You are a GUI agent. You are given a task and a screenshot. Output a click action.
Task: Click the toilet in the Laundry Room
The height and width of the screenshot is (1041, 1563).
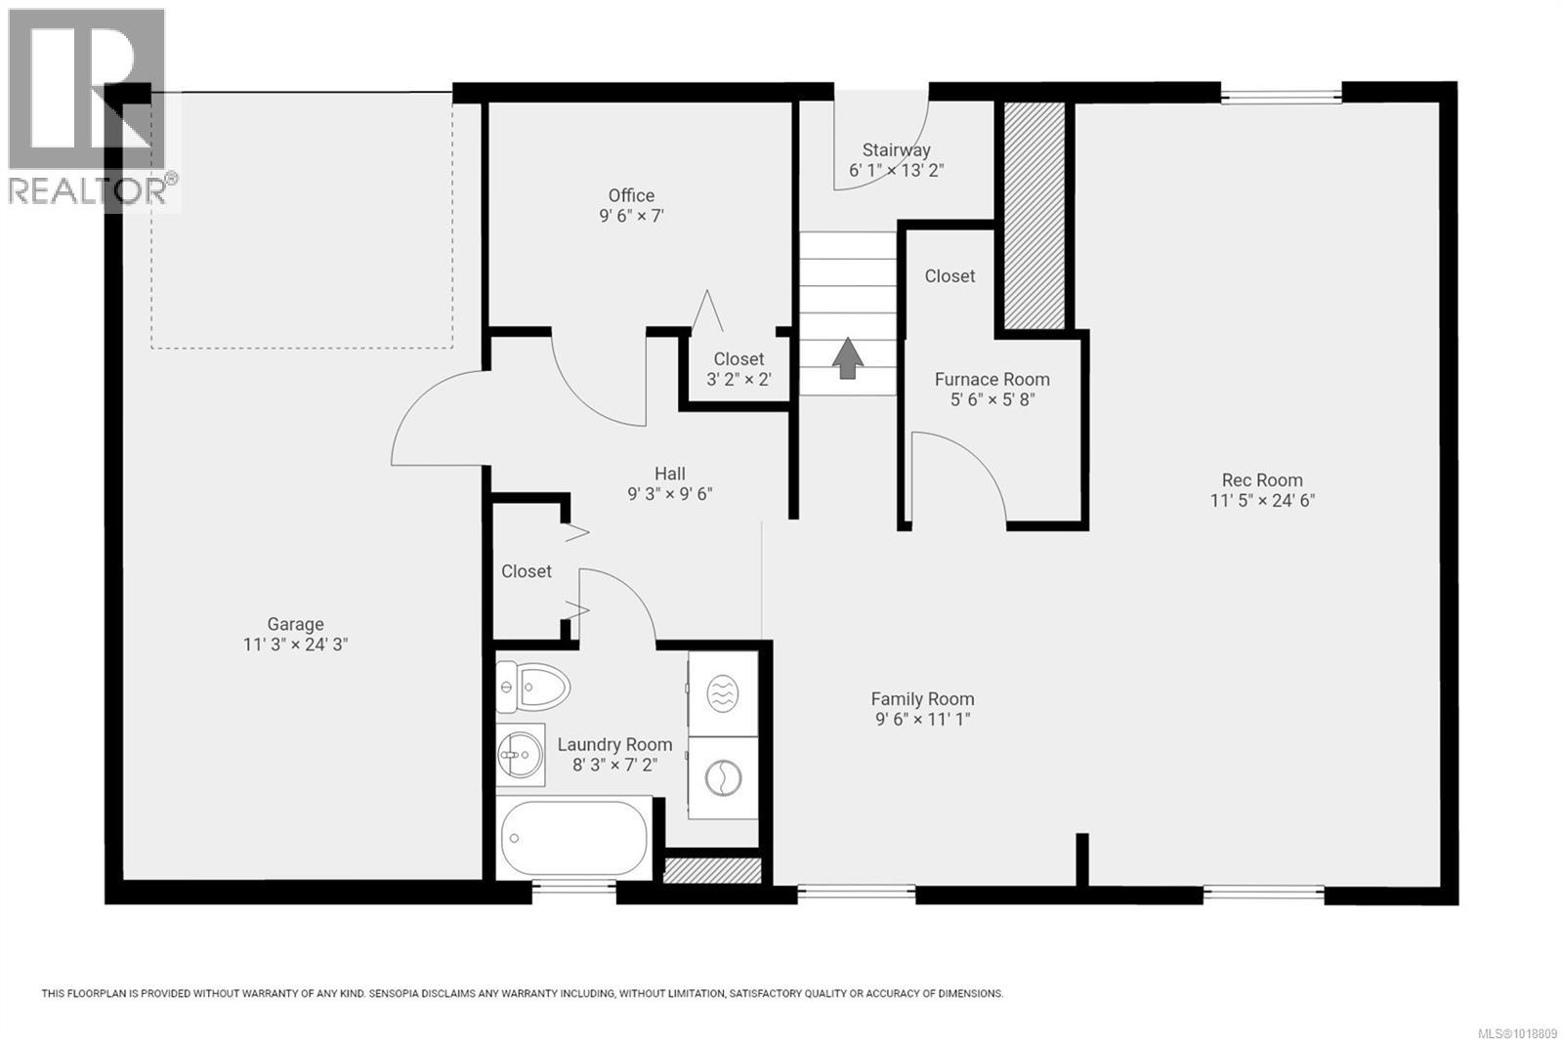coord(533,687)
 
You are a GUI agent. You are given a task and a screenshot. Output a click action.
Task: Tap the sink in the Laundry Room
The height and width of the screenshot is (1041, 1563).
coord(519,754)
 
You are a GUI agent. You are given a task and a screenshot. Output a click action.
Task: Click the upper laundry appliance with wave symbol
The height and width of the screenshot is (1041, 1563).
coord(723,694)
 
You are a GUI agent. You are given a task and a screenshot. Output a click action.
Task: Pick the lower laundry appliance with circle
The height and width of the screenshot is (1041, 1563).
coord(723,778)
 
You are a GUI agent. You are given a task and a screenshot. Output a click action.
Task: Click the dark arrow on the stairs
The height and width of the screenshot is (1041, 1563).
coord(848,357)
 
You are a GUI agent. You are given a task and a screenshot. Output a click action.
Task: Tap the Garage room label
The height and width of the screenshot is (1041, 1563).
coord(295,624)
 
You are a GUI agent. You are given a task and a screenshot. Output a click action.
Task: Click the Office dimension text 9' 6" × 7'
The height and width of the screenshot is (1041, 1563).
coord(631,216)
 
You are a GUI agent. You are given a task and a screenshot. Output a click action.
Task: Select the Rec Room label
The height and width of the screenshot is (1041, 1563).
coord(1262,479)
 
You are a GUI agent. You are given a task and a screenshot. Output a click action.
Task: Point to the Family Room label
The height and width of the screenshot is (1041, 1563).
coord(922,699)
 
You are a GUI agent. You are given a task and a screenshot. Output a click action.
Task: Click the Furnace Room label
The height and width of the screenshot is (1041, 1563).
coord(992,379)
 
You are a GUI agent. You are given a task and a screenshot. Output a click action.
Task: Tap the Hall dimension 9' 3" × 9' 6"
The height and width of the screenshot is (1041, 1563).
coord(669,494)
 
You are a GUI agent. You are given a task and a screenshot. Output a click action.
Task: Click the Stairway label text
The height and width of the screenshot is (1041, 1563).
coord(896,150)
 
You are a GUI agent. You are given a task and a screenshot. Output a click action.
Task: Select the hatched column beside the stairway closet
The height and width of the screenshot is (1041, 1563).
coord(1035,215)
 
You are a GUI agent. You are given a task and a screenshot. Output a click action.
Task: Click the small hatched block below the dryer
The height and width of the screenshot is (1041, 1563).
coord(712,870)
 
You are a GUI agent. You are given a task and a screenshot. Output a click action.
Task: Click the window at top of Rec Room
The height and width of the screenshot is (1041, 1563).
coord(1281,96)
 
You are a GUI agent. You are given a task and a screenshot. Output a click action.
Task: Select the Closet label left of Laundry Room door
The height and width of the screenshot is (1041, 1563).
coord(527,571)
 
